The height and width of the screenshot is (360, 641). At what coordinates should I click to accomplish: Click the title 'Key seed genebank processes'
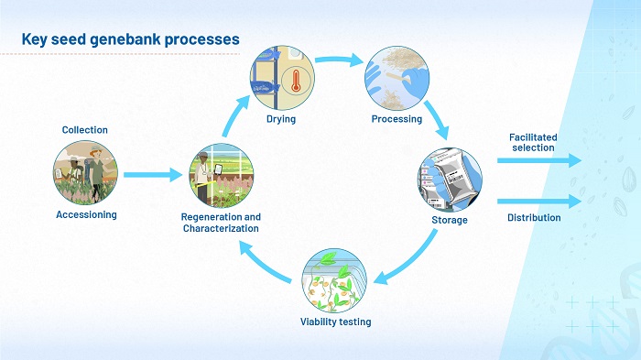click(x=130, y=39)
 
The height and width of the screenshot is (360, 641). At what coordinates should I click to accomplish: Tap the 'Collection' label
click(x=84, y=130)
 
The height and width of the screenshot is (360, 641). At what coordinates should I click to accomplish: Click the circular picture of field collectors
click(x=85, y=173)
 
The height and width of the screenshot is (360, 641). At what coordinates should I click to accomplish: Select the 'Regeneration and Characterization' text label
click(x=221, y=222)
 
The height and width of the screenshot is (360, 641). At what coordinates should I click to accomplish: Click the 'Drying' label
click(x=282, y=119)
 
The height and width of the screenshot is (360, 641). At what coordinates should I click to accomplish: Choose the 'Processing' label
click(x=397, y=119)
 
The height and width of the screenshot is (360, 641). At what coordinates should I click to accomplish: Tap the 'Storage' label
click(x=450, y=220)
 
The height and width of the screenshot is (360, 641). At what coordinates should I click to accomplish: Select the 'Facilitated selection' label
click(x=532, y=142)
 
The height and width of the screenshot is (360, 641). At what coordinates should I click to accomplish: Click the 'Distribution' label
click(x=534, y=218)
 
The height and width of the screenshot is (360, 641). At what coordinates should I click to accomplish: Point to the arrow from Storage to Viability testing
click(x=407, y=259)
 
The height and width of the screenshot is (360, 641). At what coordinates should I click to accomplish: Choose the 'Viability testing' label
click(x=335, y=322)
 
